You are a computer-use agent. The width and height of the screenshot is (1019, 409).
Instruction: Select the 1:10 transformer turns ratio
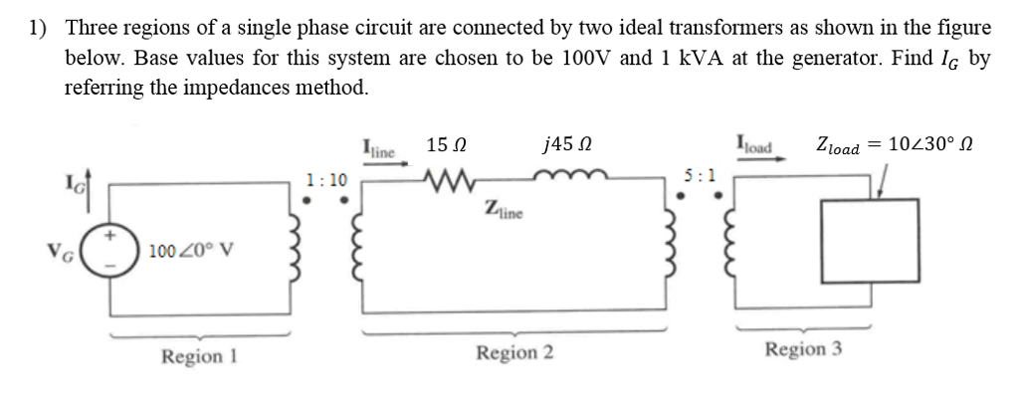pyautogui.click(x=327, y=180)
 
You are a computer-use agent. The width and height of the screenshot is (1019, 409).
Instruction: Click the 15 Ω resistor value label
pyautogui.click(x=443, y=147)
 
